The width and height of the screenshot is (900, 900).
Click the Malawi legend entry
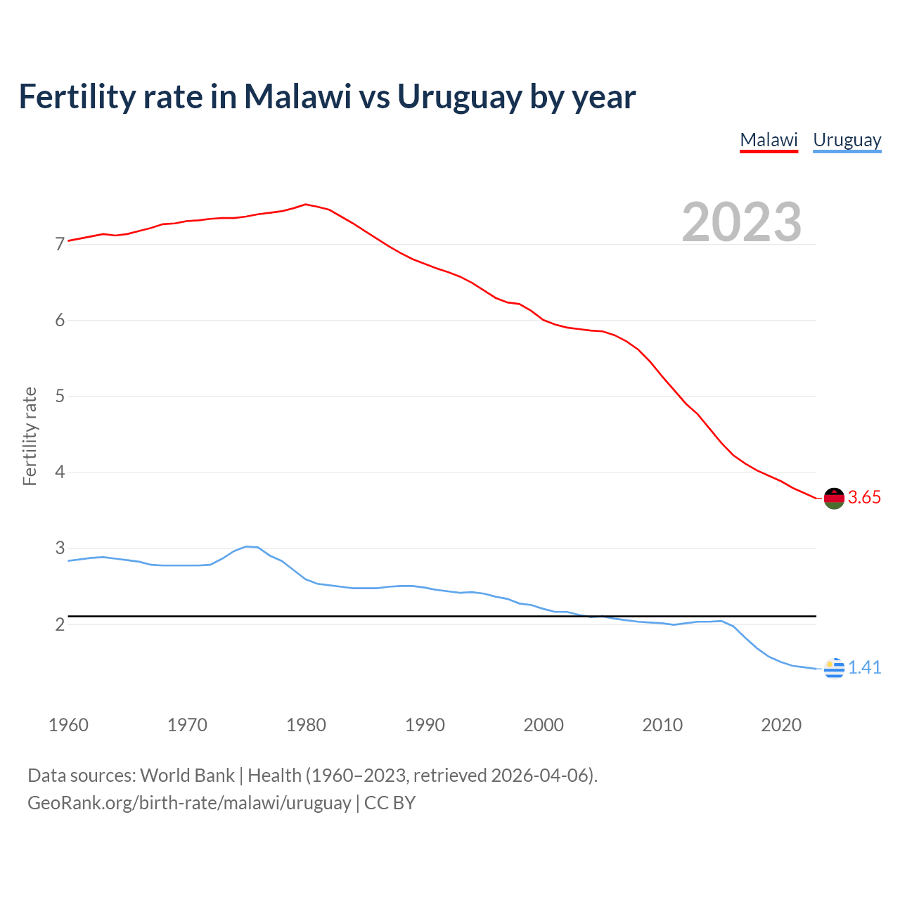coord(769,140)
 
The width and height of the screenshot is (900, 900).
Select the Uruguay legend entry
coord(847,140)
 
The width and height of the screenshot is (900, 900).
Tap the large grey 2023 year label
coord(741,222)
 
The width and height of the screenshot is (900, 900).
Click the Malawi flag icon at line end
coord(834,498)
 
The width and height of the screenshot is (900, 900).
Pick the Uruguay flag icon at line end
coord(834,668)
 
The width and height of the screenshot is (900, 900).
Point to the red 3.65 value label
coord(864,498)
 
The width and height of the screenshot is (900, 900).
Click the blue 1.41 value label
coord(864,668)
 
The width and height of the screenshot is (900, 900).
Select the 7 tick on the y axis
coord(60,245)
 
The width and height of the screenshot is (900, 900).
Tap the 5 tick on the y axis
coord(60,397)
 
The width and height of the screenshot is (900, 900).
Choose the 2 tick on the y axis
coord(60,624)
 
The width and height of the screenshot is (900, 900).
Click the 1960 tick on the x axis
coord(68,725)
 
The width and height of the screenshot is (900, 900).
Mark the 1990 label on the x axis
coord(425,725)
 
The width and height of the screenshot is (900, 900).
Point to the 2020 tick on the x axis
coord(781,725)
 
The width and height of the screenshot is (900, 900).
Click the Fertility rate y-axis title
coord(30,436)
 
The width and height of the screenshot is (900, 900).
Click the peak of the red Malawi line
coord(305,204)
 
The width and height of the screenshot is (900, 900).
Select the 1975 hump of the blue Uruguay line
coord(246,546)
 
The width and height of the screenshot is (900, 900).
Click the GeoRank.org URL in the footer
coord(189,803)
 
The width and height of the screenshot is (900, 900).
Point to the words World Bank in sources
coord(187,776)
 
